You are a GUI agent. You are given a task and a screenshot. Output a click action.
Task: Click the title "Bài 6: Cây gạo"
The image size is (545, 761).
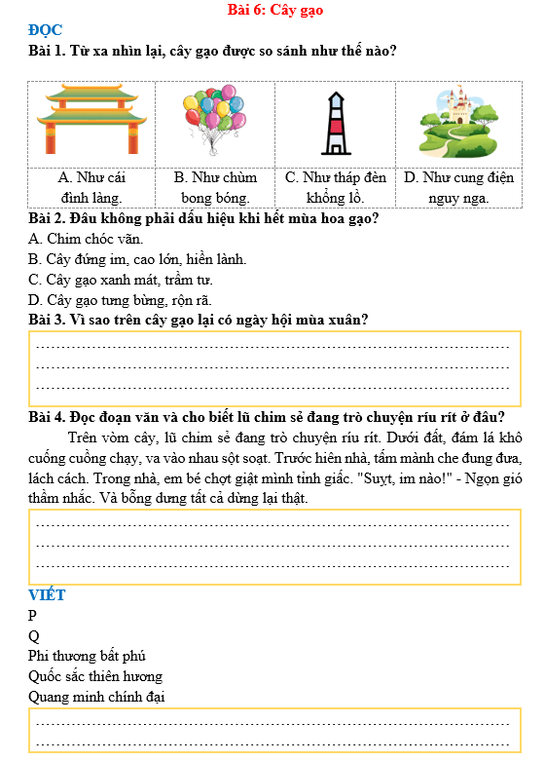pyautogui.click(x=273, y=10)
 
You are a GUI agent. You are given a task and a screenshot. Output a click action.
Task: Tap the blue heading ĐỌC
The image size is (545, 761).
pyautogui.click(x=46, y=30)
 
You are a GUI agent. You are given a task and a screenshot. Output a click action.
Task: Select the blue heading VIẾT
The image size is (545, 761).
pyautogui.click(x=48, y=594)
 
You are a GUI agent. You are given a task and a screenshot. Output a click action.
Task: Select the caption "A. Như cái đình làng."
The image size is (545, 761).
pyautogui.click(x=91, y=187)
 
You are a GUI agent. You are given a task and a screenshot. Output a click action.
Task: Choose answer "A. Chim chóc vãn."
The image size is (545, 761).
pyautogui.click(x=87, y=239)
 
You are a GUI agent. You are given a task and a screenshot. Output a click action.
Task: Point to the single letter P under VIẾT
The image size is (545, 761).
pyautogui.click(x=33, y=615)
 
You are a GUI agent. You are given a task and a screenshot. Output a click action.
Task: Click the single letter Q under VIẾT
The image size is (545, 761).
pyautogui.click(x=34, y=635)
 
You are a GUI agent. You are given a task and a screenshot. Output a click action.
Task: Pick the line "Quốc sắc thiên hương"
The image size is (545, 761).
pyautogui.click(x=95, y=676)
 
